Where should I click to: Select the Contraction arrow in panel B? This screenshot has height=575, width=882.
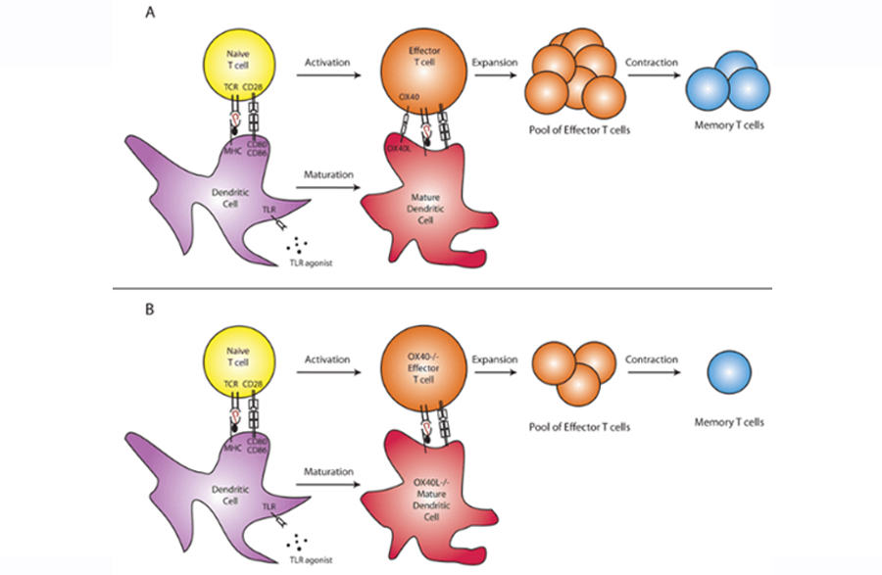[652, 373]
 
